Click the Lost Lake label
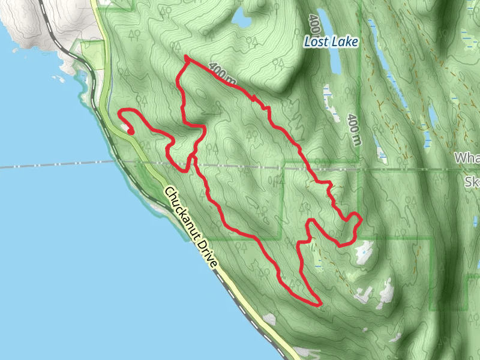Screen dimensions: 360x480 331,42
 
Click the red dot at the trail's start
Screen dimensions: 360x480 130,131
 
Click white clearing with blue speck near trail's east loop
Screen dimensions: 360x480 365,253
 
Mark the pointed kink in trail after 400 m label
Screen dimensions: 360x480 256,97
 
